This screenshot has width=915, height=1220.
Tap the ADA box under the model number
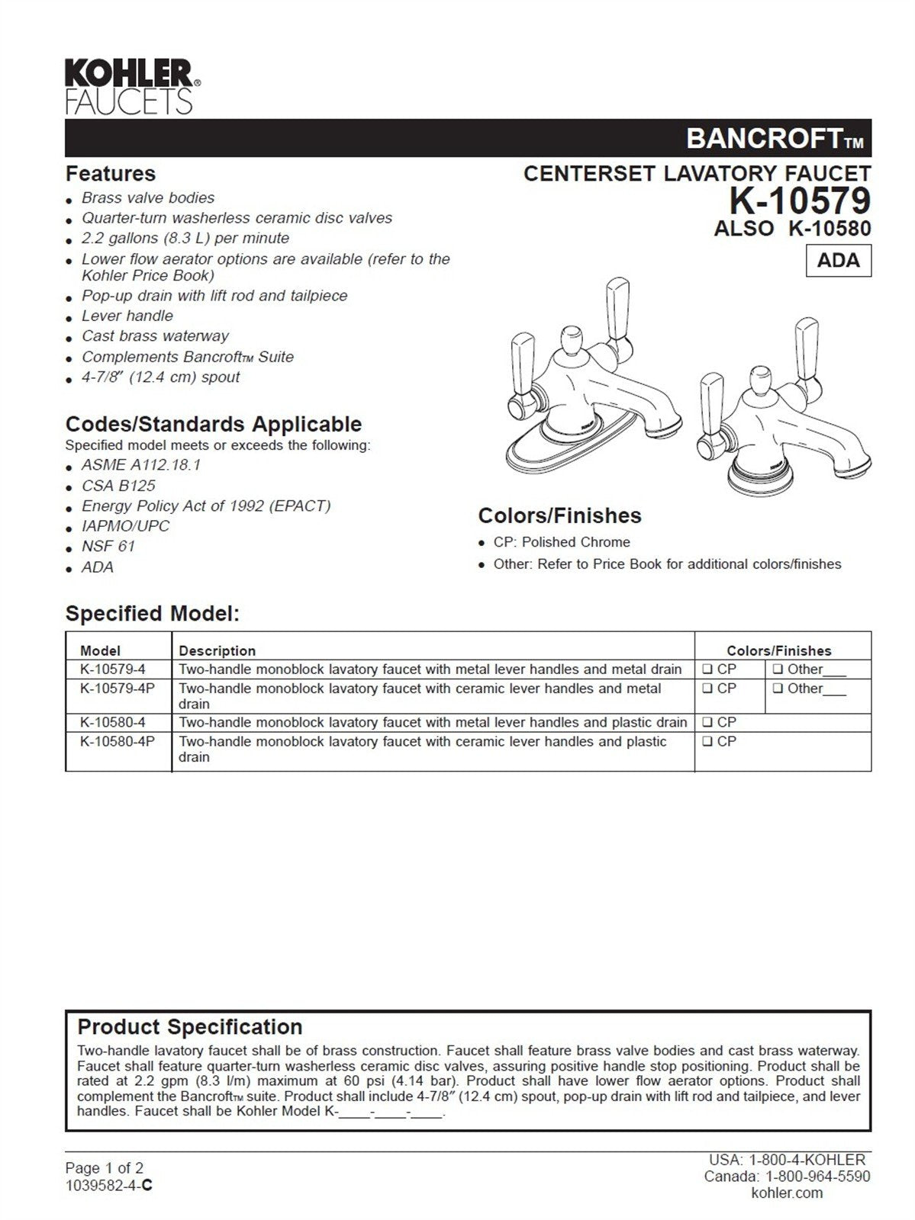838,260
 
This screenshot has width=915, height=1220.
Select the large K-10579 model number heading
799,201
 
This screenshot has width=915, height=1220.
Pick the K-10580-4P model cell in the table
118,741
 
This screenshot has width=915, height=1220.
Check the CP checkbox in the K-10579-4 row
707,669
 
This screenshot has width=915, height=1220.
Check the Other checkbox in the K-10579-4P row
778,689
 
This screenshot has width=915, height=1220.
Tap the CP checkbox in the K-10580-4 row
707,722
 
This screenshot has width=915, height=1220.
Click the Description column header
217,650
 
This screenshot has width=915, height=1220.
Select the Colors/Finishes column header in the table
778,650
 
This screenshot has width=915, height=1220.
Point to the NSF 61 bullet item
108,546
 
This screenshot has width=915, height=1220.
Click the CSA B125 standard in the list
118,486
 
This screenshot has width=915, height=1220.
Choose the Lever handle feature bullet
127,316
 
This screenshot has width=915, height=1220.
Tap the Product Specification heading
190,1026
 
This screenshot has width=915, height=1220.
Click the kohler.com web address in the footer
787,1193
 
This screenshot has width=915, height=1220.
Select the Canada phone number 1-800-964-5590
817,1177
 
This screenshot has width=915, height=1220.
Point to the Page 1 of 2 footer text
104,1167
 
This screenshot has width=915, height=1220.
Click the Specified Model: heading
153,613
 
